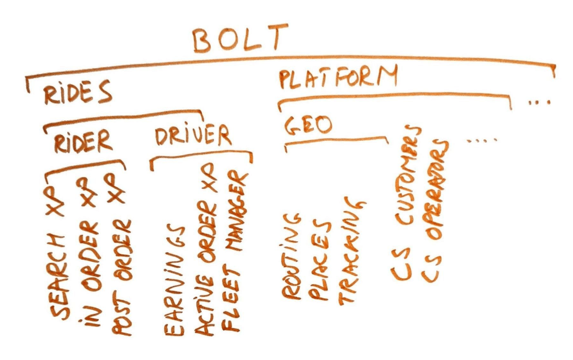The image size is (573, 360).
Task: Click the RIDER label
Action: click(x=83, y=141)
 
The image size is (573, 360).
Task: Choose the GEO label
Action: click(x=308, y=125)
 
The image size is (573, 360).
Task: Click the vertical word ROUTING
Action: click(x=291, y=256)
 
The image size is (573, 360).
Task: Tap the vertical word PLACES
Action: click(x=319, y=259)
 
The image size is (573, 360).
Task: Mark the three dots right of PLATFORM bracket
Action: click(x=540, y=103)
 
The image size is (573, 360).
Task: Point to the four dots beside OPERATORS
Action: click(x=482, y=139)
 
